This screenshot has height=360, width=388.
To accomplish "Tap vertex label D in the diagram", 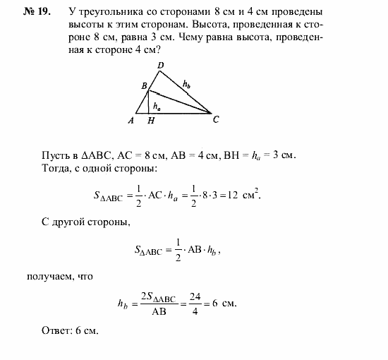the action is [160, 66].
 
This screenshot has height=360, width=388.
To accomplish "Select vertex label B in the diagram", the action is [144, 86].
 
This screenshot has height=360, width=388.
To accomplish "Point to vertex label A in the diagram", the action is [131, 121].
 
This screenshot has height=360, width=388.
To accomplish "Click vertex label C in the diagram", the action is [216, 119].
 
